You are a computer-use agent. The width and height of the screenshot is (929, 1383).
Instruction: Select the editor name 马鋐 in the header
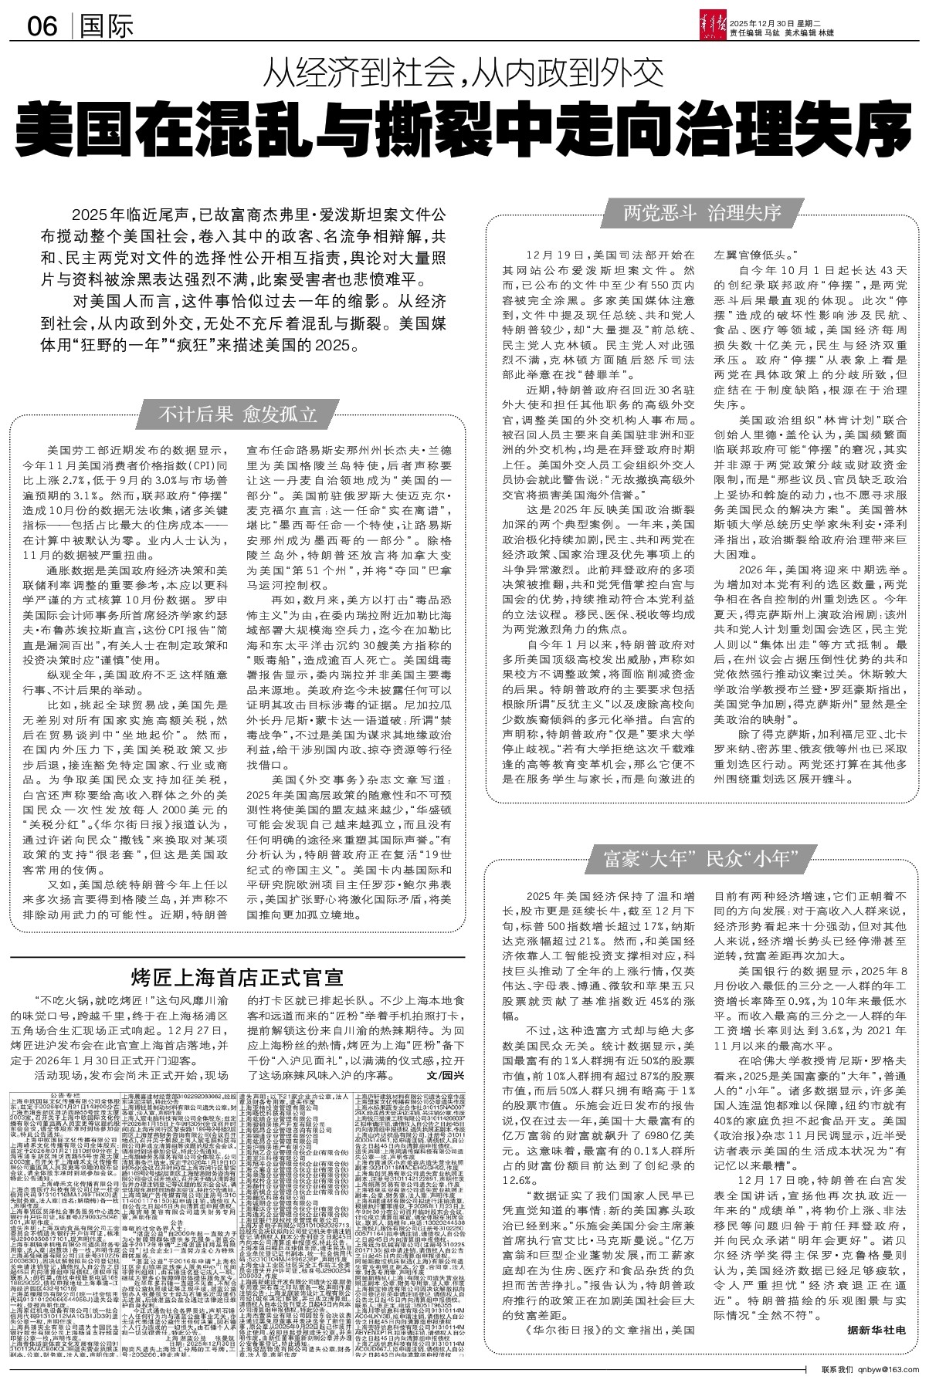(774, 32)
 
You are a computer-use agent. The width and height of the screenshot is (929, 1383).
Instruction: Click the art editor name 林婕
(826, 32)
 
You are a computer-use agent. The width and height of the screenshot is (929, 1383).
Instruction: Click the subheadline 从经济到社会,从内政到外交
(464, 75)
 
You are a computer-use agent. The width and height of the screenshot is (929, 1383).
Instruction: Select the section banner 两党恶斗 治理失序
(702, 212)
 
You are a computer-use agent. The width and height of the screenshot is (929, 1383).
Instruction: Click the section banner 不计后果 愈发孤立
(237, 414)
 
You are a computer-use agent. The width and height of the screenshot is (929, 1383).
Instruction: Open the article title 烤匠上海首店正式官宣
(237, 977)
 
